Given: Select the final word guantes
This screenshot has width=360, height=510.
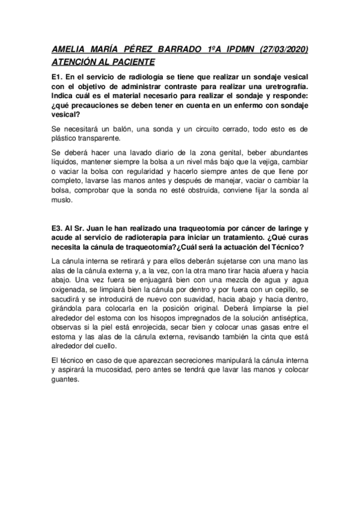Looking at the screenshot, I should coord(67,379).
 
